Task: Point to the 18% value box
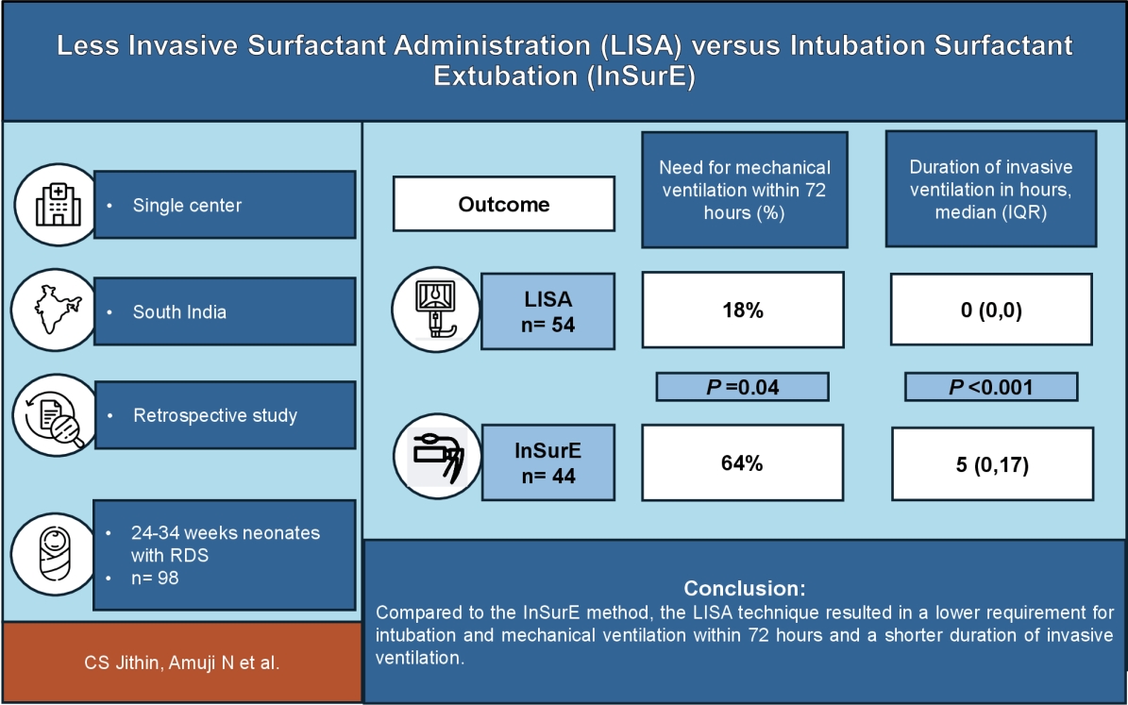743,311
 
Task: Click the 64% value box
743,463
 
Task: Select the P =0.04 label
743,387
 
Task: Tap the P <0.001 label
990,387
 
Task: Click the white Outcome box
504,204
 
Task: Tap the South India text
179,311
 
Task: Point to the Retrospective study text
215,415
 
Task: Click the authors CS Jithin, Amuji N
180,663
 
